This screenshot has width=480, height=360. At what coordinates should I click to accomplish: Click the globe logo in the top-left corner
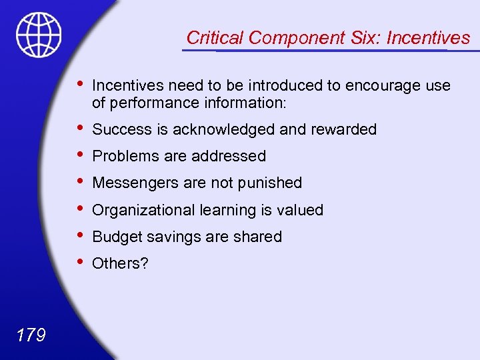pyautogui.click(x=39, y=34)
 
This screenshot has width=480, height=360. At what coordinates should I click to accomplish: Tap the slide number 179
pyautogui.click(x=30, y=334)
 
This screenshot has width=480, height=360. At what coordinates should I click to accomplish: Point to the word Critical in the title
pyautogui.click(x=213, y=38)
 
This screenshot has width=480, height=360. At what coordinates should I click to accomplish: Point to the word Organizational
pyautogui.click(x=143, y=210)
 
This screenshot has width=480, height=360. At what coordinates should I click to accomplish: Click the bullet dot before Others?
pyautogui.click(x=80, y=261)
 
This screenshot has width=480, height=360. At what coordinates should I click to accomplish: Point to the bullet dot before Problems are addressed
pyautogui.click(x=80, y=154)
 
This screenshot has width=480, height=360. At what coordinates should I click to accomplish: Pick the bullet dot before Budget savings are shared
pyautogui.click(x=80, y=235)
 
